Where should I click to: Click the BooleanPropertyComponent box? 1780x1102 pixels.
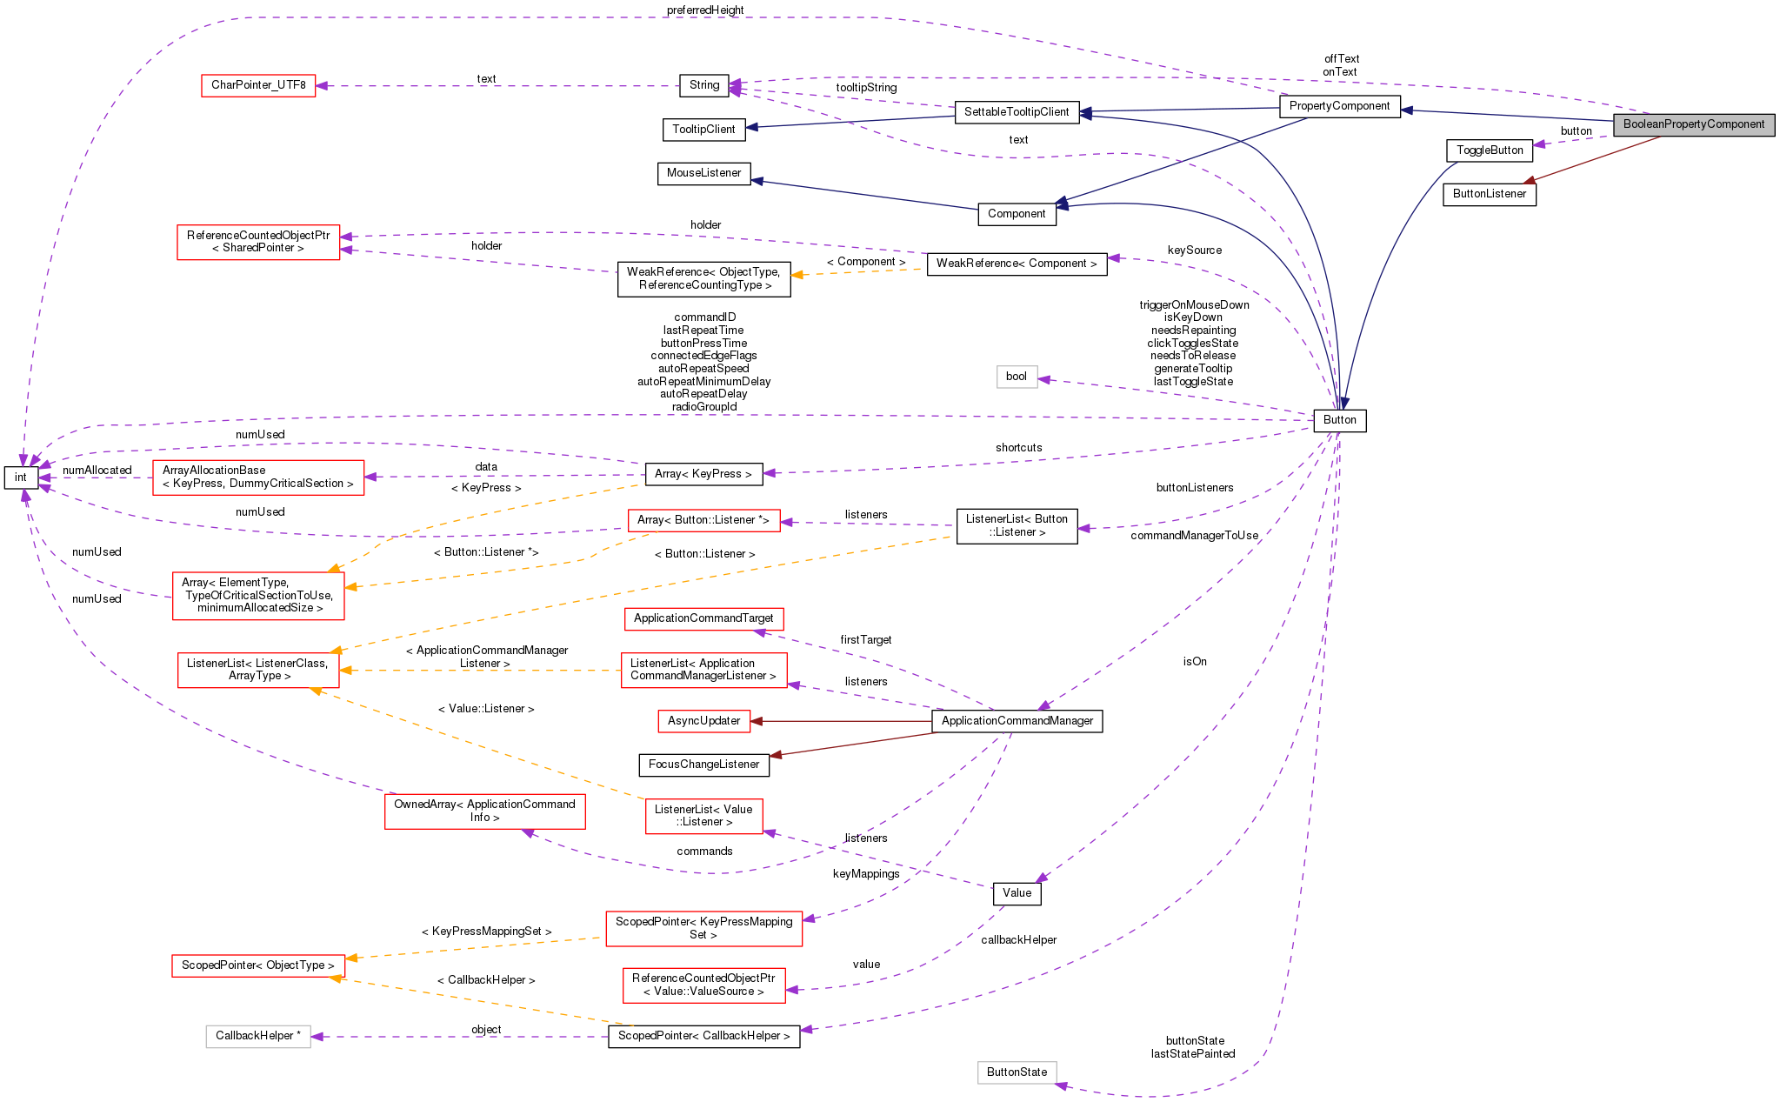coord(1693,124)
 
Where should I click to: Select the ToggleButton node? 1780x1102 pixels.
coord(1489,150)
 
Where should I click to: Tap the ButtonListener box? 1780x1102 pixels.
coord(1489,194)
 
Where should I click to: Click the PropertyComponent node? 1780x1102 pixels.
coord(1339,106)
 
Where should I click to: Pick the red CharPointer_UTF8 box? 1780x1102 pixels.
coord(258,85)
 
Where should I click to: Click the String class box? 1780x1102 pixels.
coord(703,85)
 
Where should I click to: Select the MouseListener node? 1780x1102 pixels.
coord(703,173)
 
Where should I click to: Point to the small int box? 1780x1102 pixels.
coord(21,478)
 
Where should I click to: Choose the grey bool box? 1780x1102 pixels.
coord(1016,377)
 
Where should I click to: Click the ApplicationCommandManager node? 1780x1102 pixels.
coord(1017,721)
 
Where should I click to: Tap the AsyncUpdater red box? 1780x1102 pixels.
coord(703,721)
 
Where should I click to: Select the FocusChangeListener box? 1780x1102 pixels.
coord(703,765)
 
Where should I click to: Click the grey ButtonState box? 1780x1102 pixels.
coord(1017,1072)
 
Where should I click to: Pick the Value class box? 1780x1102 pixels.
coord(1017,893)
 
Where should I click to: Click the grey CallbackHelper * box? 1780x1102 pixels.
coord(258,1036)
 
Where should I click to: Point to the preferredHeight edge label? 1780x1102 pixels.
coord(704,10)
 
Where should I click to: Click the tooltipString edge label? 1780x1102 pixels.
coord(866,88)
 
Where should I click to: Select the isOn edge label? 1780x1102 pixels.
coord(1195,662)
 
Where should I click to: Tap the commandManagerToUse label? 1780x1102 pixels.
coord(1194,536)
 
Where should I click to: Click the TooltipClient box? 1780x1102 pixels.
coord(703,130)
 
